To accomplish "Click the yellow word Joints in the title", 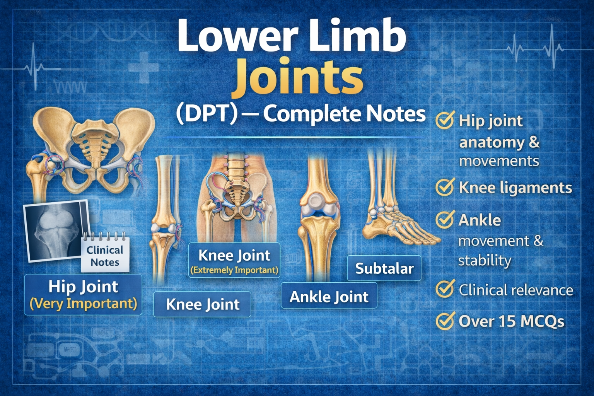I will (x=297, y=80).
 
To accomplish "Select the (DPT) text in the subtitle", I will (x=205, y=114).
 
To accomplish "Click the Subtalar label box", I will (x=384, y=268).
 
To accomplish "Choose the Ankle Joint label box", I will (x=329, y=296).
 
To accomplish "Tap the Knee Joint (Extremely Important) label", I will (x=234, y=260).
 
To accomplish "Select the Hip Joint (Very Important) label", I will (x=83, y=294).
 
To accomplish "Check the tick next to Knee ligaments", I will (x=445, y=188).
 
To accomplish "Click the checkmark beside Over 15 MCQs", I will (x=445, y=321).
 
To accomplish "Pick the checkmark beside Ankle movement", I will (x=445, y=220).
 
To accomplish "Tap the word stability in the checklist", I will (x=485, y=260).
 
